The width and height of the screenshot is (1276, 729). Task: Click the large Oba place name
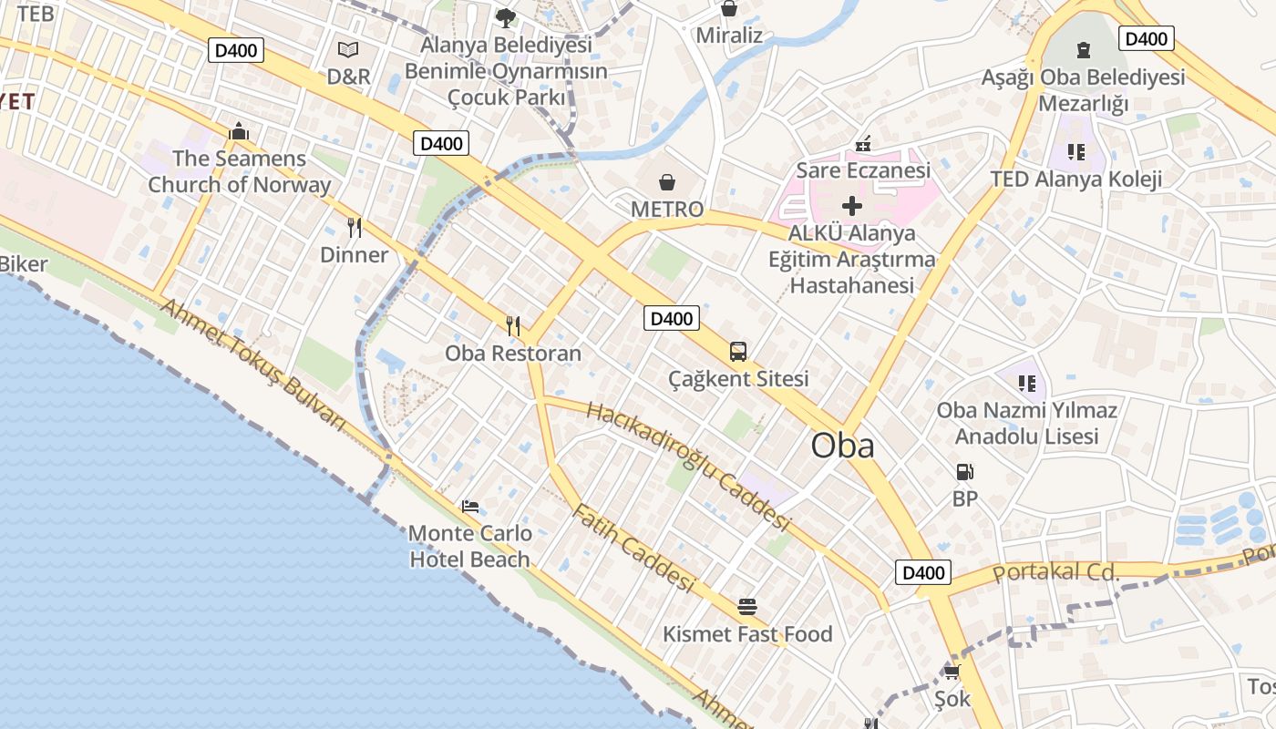coord(842,445)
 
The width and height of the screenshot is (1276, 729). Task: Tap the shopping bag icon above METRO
coord(667,182)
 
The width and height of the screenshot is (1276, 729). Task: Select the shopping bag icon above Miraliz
coord(728,9)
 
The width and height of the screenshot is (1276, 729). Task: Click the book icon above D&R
coord(347,50)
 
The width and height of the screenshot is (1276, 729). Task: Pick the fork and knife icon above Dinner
coord(355,228)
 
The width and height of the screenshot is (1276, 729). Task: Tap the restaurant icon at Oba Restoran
coord(513,325)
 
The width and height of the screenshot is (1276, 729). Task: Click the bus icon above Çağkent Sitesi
coord(738,352)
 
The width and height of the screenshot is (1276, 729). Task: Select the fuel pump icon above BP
coord(964,472)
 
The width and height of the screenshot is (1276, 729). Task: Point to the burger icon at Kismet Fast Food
coord(747,607)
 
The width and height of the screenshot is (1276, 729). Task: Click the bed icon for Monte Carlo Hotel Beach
coord(470,507)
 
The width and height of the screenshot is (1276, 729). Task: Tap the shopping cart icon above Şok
coord(952,673)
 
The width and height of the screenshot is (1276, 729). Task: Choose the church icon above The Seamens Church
coord(239,131)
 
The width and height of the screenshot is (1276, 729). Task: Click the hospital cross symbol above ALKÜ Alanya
coord(851,206)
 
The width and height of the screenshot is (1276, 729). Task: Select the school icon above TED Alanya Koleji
coord(1075,152)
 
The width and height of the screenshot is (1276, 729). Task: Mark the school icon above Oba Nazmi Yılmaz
coord(1027,384)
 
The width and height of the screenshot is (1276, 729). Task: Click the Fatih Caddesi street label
coord(633,547)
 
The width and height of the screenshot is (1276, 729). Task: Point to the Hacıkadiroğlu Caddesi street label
coord(688,466)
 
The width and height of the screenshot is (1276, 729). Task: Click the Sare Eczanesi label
coord(862,170)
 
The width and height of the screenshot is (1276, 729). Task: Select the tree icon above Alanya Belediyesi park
coord(505,16)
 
